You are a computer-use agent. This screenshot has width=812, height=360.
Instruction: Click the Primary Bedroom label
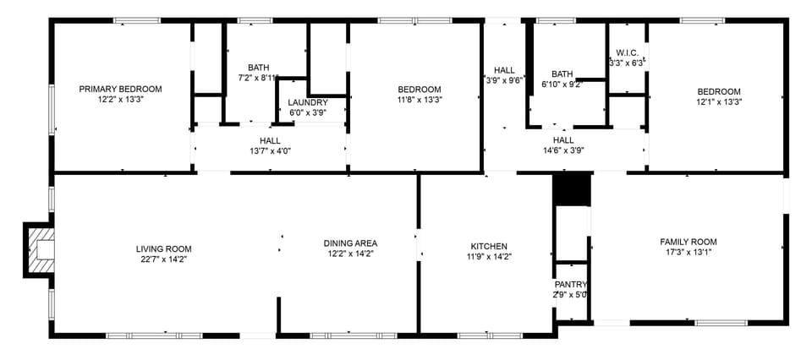120,89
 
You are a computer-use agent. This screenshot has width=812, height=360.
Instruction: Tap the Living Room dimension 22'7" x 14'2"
164,260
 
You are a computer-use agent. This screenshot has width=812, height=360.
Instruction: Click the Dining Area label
350,243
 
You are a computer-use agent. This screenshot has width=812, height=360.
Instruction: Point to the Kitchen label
489,246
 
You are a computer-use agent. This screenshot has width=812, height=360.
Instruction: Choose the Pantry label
570,285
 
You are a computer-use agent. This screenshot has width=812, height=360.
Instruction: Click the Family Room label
688,242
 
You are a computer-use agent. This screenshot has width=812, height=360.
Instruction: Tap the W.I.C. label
627,52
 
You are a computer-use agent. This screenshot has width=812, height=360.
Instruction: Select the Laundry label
308,102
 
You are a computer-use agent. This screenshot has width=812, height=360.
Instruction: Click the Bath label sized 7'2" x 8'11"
258,68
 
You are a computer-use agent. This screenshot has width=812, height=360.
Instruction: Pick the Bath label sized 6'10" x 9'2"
562,74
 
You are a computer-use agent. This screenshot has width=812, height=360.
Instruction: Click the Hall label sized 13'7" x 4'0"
270,140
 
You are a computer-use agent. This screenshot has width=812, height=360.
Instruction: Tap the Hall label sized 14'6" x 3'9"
563,140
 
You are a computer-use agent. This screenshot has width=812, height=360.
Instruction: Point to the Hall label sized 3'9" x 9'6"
504,71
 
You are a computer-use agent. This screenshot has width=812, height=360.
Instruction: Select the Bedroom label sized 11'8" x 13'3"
420,90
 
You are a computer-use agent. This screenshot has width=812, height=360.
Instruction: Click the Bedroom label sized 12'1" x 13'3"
719,91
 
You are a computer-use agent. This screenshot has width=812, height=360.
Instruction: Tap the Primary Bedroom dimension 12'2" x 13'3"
120,99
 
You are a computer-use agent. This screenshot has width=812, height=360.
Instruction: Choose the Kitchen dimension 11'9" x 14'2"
489,256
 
